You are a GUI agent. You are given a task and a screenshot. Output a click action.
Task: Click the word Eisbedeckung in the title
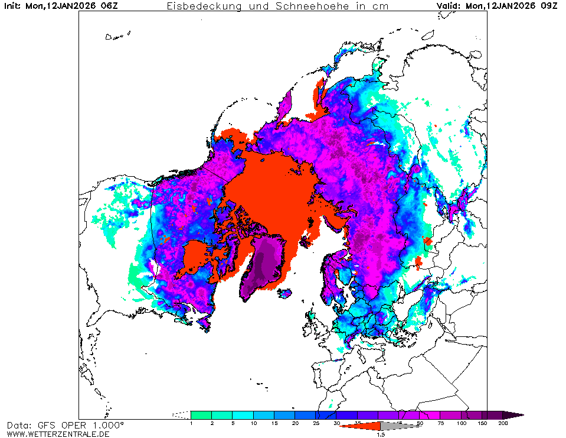(199, 6)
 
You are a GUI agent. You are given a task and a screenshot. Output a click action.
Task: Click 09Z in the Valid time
(551, 6)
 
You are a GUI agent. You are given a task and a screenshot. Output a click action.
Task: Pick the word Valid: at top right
(449, 6)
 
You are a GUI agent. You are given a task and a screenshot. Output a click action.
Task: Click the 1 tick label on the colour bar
(191, 424)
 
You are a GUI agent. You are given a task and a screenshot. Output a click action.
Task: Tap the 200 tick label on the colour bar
(502, 424)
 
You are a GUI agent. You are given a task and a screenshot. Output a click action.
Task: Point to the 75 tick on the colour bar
(440, 424)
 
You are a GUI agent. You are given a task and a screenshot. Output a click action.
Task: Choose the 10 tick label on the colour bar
(253, 424)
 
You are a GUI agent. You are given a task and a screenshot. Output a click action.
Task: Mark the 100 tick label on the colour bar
(461, 424)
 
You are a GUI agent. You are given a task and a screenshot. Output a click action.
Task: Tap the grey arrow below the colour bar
(395, 426)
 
